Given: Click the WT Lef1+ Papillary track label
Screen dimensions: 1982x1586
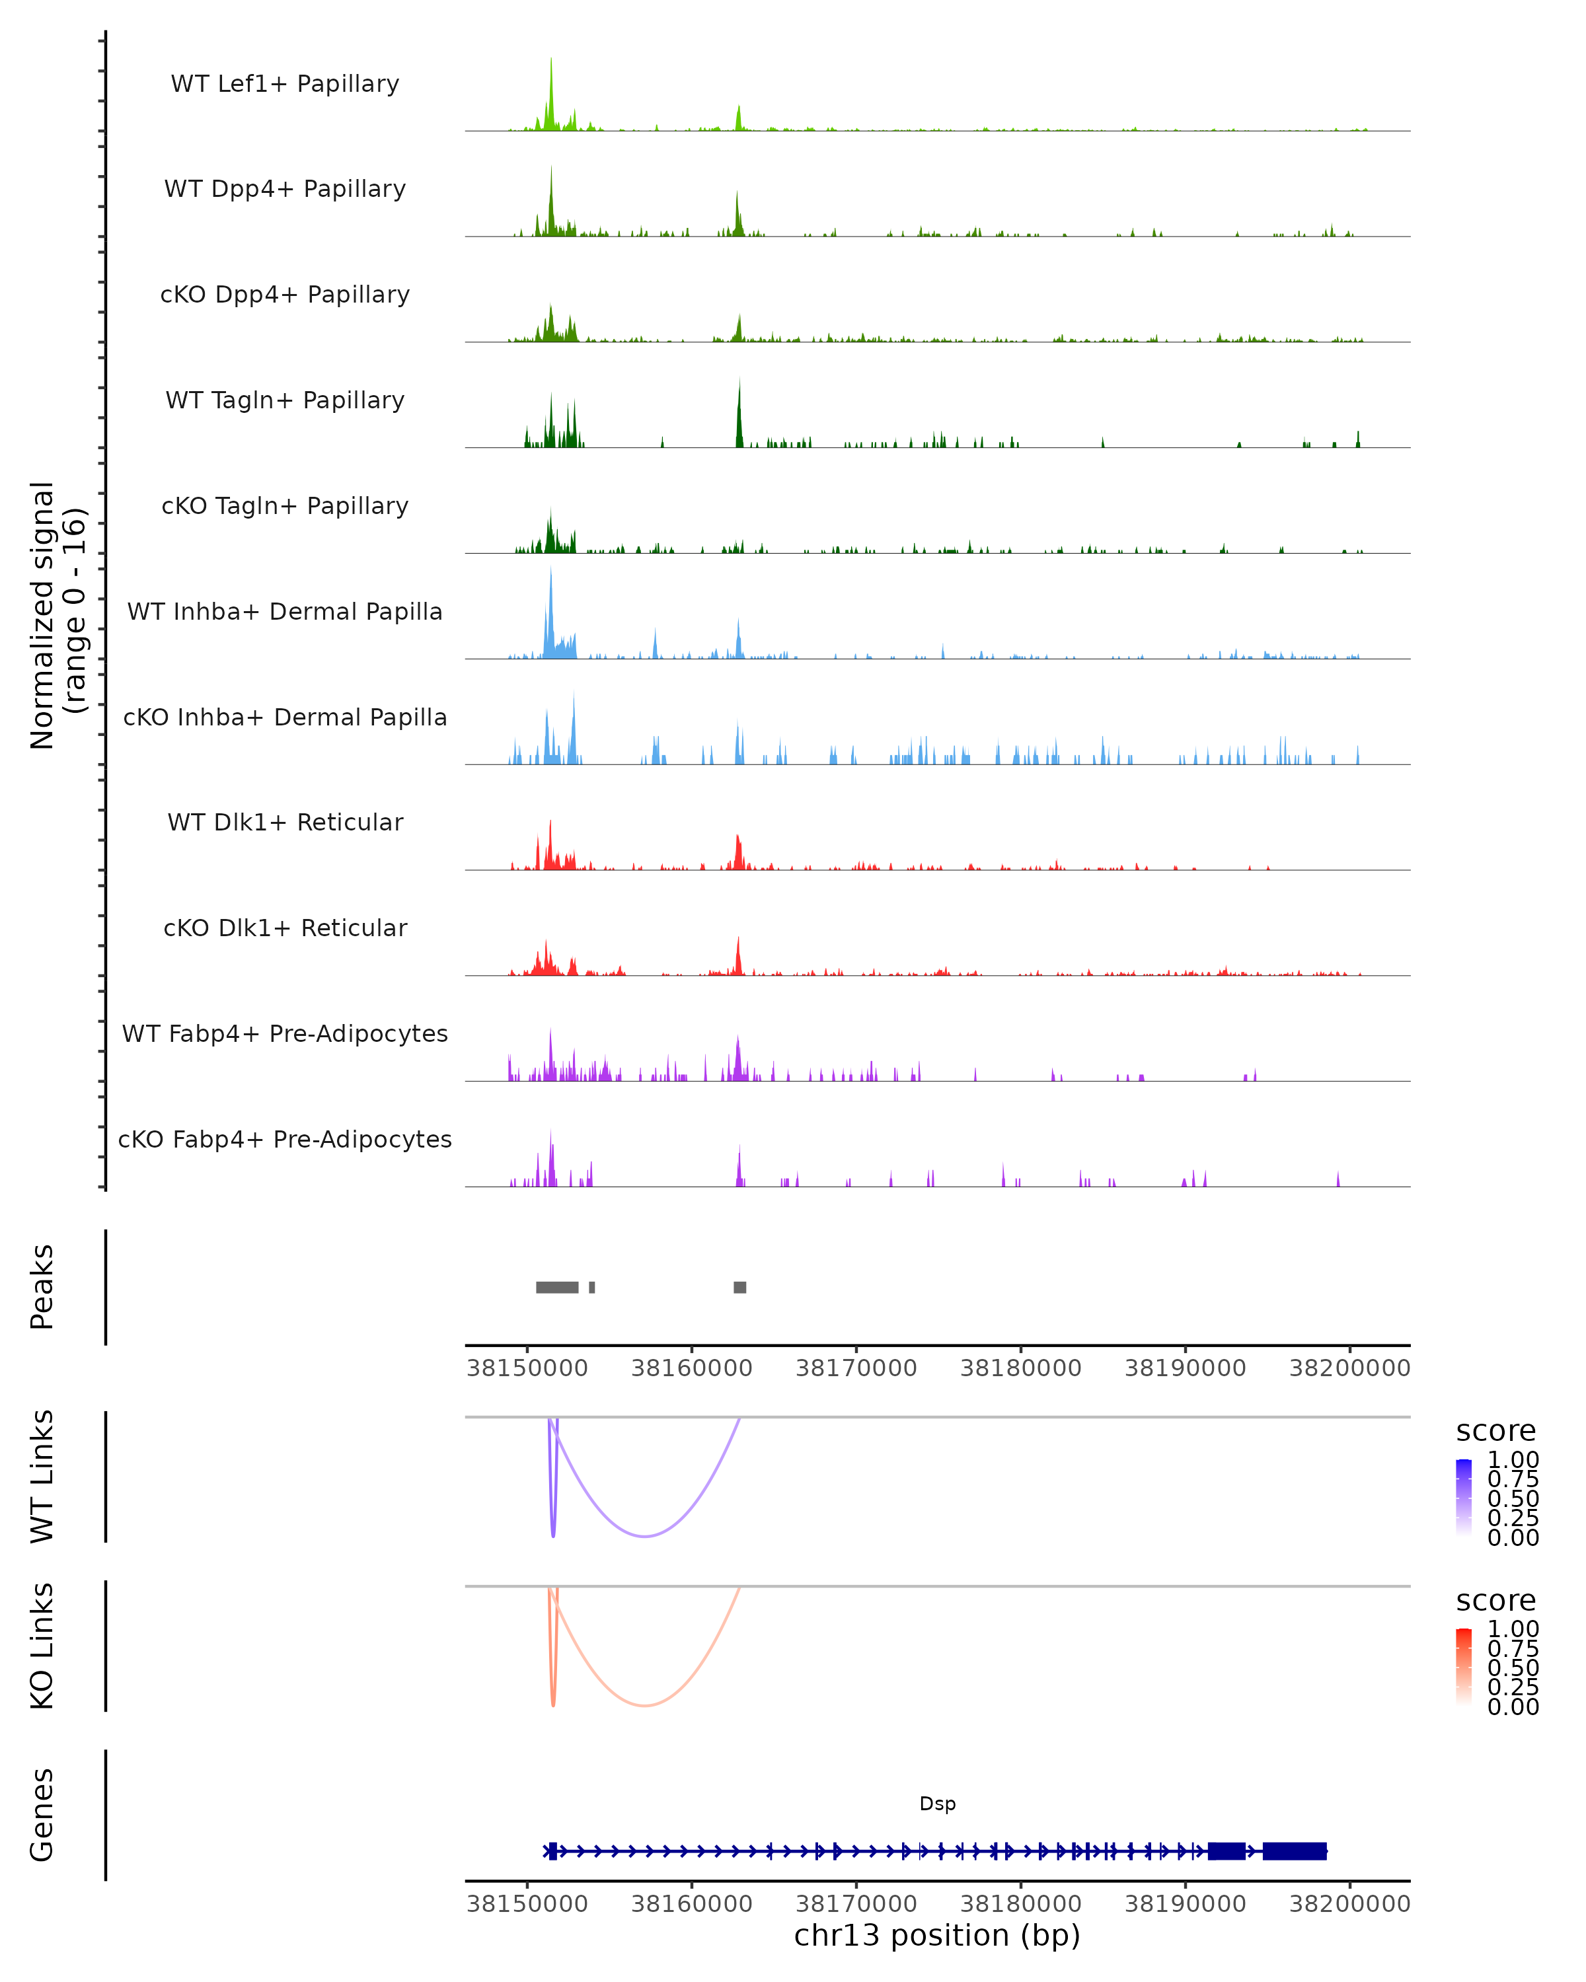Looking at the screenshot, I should coord(285,84).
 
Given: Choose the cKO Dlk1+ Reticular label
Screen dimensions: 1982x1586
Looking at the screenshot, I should coord(285,928).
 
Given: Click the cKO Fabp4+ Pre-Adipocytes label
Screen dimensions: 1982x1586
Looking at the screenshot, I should coord(285,1139).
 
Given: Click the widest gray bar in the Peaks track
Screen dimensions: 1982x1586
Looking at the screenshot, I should coord(557,1287).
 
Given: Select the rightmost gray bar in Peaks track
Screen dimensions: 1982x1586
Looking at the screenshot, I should coord(740,1287).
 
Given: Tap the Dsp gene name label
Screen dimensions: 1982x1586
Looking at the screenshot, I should coord(938,1804).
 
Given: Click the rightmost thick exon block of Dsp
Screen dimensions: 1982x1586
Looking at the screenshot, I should coord(1295,1851).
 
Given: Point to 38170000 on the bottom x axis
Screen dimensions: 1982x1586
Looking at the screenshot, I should coord(856,1904).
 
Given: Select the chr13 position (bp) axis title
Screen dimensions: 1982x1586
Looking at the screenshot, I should coord(937,1935).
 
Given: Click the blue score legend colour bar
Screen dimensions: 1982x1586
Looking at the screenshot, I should coord(1464,1498).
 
